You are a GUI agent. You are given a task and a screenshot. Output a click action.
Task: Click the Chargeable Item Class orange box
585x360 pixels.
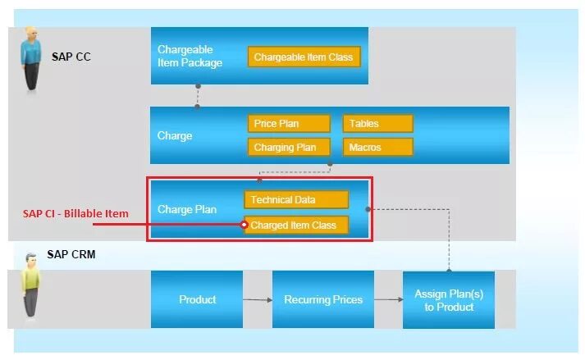pos(304,57)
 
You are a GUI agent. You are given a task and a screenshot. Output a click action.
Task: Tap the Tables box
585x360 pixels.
pos(377,124)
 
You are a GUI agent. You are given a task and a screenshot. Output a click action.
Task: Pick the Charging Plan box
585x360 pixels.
pos(288,148)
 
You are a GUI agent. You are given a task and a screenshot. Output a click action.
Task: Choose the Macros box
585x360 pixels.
pos(377,148)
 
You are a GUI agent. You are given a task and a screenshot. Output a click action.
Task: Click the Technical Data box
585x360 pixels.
pos(296,199)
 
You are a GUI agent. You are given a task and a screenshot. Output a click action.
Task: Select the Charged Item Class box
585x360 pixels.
pos(296,225)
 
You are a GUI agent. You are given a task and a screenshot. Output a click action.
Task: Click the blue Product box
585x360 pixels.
pos(197,299)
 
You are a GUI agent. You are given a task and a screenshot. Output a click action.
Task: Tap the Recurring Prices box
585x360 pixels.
pos(323,299)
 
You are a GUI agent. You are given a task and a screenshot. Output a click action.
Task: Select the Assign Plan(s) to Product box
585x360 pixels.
pos(449,300)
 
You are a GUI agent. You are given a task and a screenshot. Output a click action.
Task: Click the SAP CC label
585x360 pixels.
pos(71,57)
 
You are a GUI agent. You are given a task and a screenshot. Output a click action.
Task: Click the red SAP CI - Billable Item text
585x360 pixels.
pos(75,214)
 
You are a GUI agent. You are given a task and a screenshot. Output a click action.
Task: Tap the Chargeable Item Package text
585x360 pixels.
pos(190,56)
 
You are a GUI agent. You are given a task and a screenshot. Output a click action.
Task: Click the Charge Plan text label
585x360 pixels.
pos(187,209)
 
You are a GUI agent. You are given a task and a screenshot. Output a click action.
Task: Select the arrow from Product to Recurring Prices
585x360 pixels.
pos(258,300)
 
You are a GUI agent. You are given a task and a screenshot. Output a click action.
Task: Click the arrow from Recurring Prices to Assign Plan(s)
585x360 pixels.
pos(388,300)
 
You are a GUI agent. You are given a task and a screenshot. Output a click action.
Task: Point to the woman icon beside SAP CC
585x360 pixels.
pos(30,57)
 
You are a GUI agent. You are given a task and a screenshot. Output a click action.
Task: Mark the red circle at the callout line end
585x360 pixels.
pos(245,225)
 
